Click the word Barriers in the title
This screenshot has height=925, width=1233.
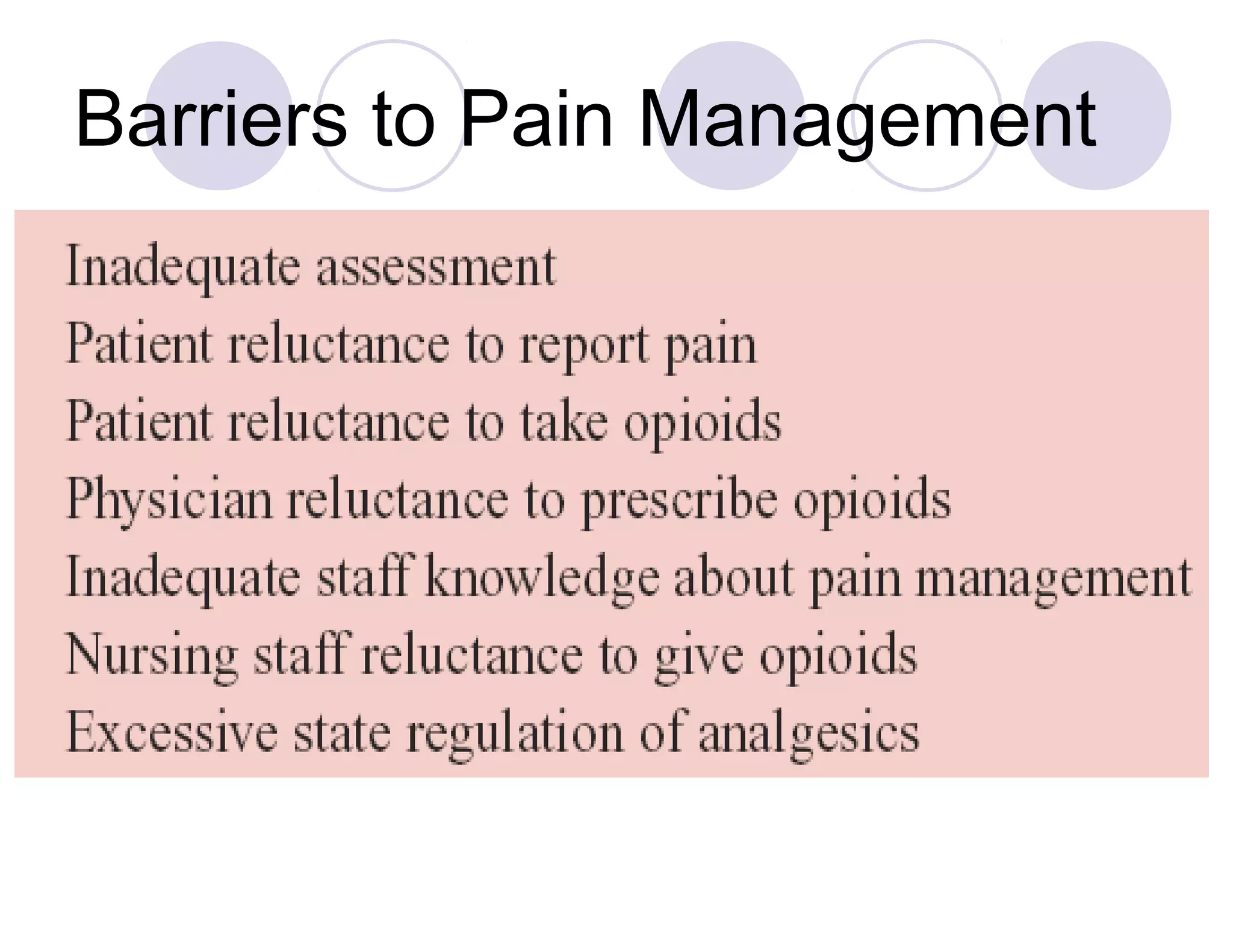[x=211, y=118]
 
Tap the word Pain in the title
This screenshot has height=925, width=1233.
[x=536, y=118]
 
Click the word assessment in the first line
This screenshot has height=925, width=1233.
[x=436, y=267]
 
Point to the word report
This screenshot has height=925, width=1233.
[x=585, y=346]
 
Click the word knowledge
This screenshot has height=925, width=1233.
[x=542, y=579]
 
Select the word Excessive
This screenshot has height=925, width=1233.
[x=172, y=733]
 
